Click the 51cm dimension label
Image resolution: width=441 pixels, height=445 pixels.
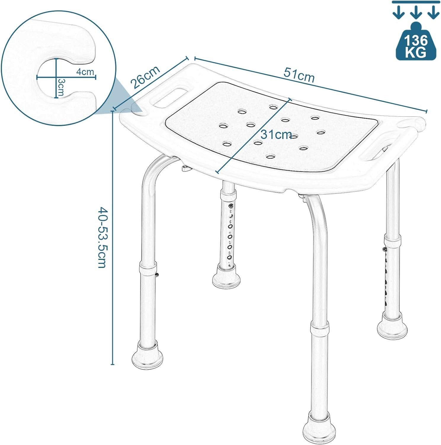pyautogui.click(x=299, y=75)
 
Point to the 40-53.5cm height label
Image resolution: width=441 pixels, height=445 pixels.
pyautogui.click(x=102, y=237)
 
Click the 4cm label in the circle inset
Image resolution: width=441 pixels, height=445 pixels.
pyautogui.click(x=85, y=72)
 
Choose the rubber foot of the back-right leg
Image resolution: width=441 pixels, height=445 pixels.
pyautogui.click(x=392, y=327)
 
